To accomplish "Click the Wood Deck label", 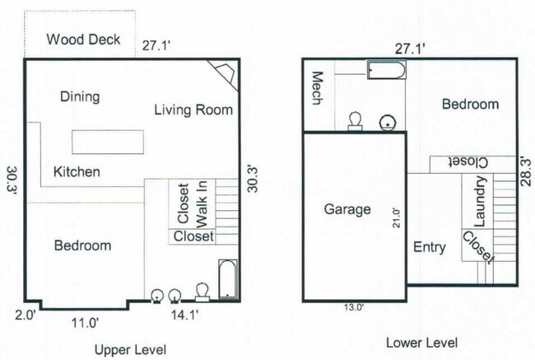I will click(83, 40).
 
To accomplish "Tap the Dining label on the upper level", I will click(80, 97).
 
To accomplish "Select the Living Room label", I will click(193, 110).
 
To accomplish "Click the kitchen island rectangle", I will click(108, 142).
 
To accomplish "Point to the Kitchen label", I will click(77, 172).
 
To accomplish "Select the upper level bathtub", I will click(228, 279).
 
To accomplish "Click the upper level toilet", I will click(202, 292).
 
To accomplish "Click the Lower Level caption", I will click(421, 343).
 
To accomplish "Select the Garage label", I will click(347, 210).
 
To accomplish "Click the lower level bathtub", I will click(385, 70).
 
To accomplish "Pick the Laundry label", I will click(481, 203).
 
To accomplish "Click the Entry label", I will click(430, 247).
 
